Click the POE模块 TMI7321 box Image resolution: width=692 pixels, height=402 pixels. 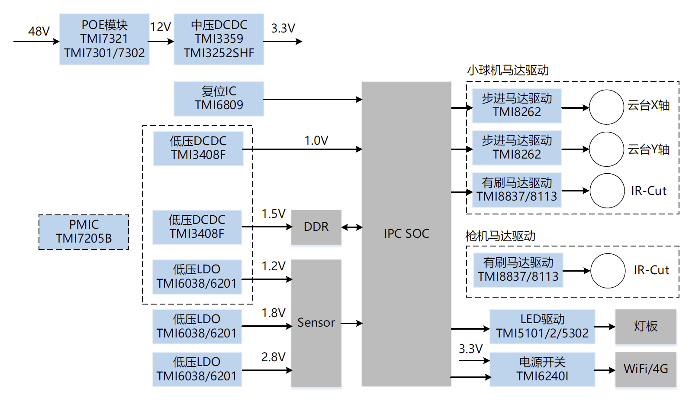coord(104,39)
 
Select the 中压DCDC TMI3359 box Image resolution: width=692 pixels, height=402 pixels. coord(219,39)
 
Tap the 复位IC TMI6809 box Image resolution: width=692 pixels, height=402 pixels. coord(219,98)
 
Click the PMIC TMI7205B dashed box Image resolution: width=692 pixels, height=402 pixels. coord(84,232)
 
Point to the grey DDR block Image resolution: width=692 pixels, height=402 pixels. coord(316,227)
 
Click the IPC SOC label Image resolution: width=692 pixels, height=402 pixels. coord(406,233)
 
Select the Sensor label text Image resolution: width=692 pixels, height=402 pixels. coord(316,323)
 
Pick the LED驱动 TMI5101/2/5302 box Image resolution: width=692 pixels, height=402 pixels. coord(542,326)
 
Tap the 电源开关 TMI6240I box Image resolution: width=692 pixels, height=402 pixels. coord(542,369)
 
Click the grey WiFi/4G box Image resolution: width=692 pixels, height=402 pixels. coord(645,369)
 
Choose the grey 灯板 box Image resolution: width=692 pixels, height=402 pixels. coord(645,326)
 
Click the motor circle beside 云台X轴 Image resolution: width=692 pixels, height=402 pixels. coord(606,107)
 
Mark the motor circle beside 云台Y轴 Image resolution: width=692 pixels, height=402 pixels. coord(606,149)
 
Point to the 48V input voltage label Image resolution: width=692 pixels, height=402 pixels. coord(39,31)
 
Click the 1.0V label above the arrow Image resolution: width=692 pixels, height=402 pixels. coord(316,140)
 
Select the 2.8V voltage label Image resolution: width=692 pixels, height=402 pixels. coord(273,357)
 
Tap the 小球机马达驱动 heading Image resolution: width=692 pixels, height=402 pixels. coord(508,70)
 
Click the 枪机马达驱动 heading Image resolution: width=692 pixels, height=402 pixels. coord(500,236)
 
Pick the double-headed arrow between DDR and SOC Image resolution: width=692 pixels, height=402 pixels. coord(352,227)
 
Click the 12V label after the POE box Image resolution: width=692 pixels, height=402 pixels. coord(160,27)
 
